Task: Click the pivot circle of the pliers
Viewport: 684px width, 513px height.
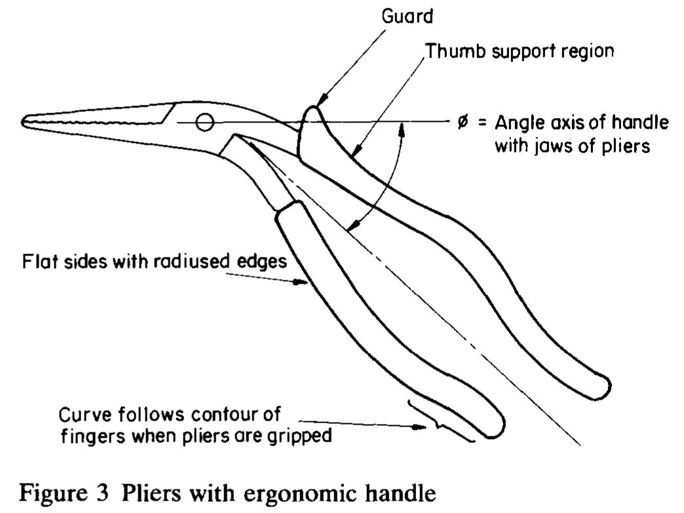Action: point(204,122)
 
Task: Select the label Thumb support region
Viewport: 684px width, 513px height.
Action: point(520,51)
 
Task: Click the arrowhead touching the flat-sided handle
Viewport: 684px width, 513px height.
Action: point(303,282)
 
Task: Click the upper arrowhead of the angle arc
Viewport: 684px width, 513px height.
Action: point(406,128)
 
